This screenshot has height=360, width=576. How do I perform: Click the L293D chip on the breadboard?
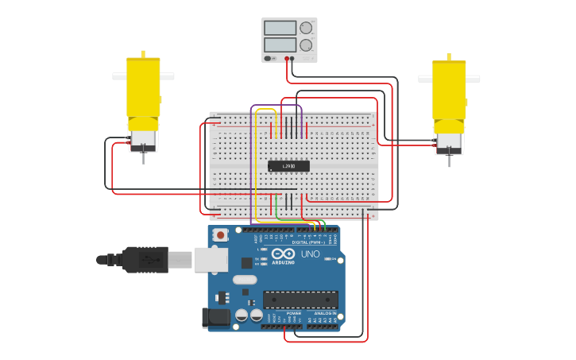tap(288, 166)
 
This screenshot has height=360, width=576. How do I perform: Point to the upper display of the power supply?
tap(280, 28)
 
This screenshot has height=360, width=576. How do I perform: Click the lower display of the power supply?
tap(280, 45)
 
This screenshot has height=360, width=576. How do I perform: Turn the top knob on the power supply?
tap(306, 28)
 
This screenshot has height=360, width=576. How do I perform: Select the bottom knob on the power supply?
tap(306, 46)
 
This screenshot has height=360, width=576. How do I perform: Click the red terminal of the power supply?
tap(286, 59)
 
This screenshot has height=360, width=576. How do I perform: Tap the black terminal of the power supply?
tap(292, 59)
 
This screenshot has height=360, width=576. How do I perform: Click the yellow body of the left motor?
tap(143, 87)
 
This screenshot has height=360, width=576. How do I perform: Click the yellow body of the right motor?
tap(449, 89)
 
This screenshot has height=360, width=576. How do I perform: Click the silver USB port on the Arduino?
tap(211, 258)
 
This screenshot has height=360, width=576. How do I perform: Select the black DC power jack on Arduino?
tap(216, 318)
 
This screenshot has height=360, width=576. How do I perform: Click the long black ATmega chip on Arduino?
tap(300, 300)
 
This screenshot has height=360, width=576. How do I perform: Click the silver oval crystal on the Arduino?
tap(245, 279)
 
